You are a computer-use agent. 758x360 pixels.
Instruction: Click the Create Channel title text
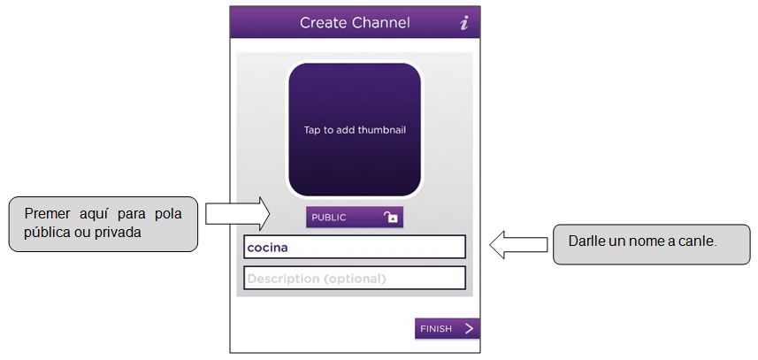[x=355, y=23]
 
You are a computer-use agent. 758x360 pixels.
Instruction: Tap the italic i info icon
[x=463, y=23]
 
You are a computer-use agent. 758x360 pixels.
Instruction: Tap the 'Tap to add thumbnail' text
[x=355, y=130]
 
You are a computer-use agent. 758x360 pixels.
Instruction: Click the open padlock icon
[x=390, y=218]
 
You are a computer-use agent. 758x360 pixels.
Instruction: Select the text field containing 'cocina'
[x=355, y=248]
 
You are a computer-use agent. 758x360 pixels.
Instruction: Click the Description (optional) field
[x=355, y=279]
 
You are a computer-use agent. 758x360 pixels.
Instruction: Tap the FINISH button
[x=447, y=329]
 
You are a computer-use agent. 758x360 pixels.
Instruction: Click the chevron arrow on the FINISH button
[x=469, y=329]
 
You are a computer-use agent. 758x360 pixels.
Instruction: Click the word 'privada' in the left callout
[x=119, y=232]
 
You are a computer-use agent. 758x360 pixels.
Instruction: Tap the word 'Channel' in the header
[x=380, y=23]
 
